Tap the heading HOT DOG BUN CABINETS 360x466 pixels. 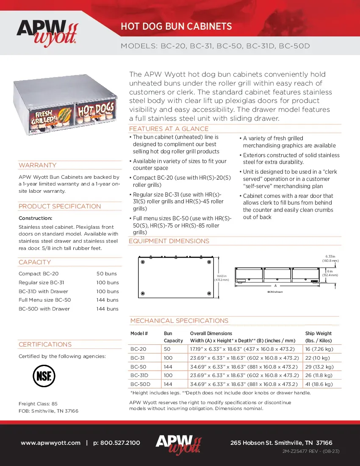click(x=176, y=27)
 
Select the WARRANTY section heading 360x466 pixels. click(x=38, y=165)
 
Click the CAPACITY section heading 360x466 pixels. click(x=35, y=262)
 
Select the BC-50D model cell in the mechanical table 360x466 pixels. click(x=140, y=384)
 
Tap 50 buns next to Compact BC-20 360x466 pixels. click(x=107, y=274)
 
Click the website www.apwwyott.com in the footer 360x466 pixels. click(x=50, y=443)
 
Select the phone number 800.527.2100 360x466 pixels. click(x=116, y=443)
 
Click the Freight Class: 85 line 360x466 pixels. click(x=38, y=404)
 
